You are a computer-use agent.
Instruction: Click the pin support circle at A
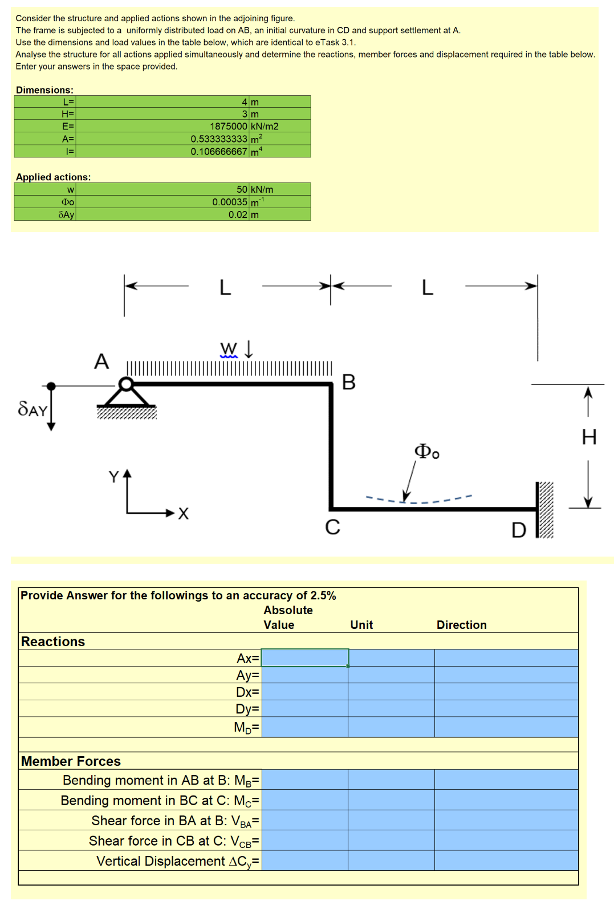point(127,383)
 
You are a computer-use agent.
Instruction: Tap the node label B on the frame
point(348,382)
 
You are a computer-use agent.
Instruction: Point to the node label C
point(332,527)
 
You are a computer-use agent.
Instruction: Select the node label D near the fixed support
point(518,530)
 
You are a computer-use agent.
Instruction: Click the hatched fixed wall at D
point(546,510)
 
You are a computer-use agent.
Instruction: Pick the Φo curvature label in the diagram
point(426,452)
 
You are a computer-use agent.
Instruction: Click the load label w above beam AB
point(229,348)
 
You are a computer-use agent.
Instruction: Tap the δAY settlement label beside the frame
point(32,409)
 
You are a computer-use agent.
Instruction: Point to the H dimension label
point(589,437)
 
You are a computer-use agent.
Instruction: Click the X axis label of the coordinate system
point(183,514)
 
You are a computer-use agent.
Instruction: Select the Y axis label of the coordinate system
point(114,476)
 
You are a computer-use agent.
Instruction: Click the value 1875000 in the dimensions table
point(228,126)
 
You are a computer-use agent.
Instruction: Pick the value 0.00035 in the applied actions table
point(230,202)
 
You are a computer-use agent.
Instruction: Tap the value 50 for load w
point(242,189)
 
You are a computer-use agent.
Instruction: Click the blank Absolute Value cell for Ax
point(304,658)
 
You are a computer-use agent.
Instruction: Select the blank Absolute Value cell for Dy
point(304,708)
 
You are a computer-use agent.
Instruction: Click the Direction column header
point(461,625)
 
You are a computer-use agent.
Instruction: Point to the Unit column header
point(361,625)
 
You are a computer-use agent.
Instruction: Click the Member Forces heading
point(71,761)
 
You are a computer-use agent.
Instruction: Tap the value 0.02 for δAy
point(238,214)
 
